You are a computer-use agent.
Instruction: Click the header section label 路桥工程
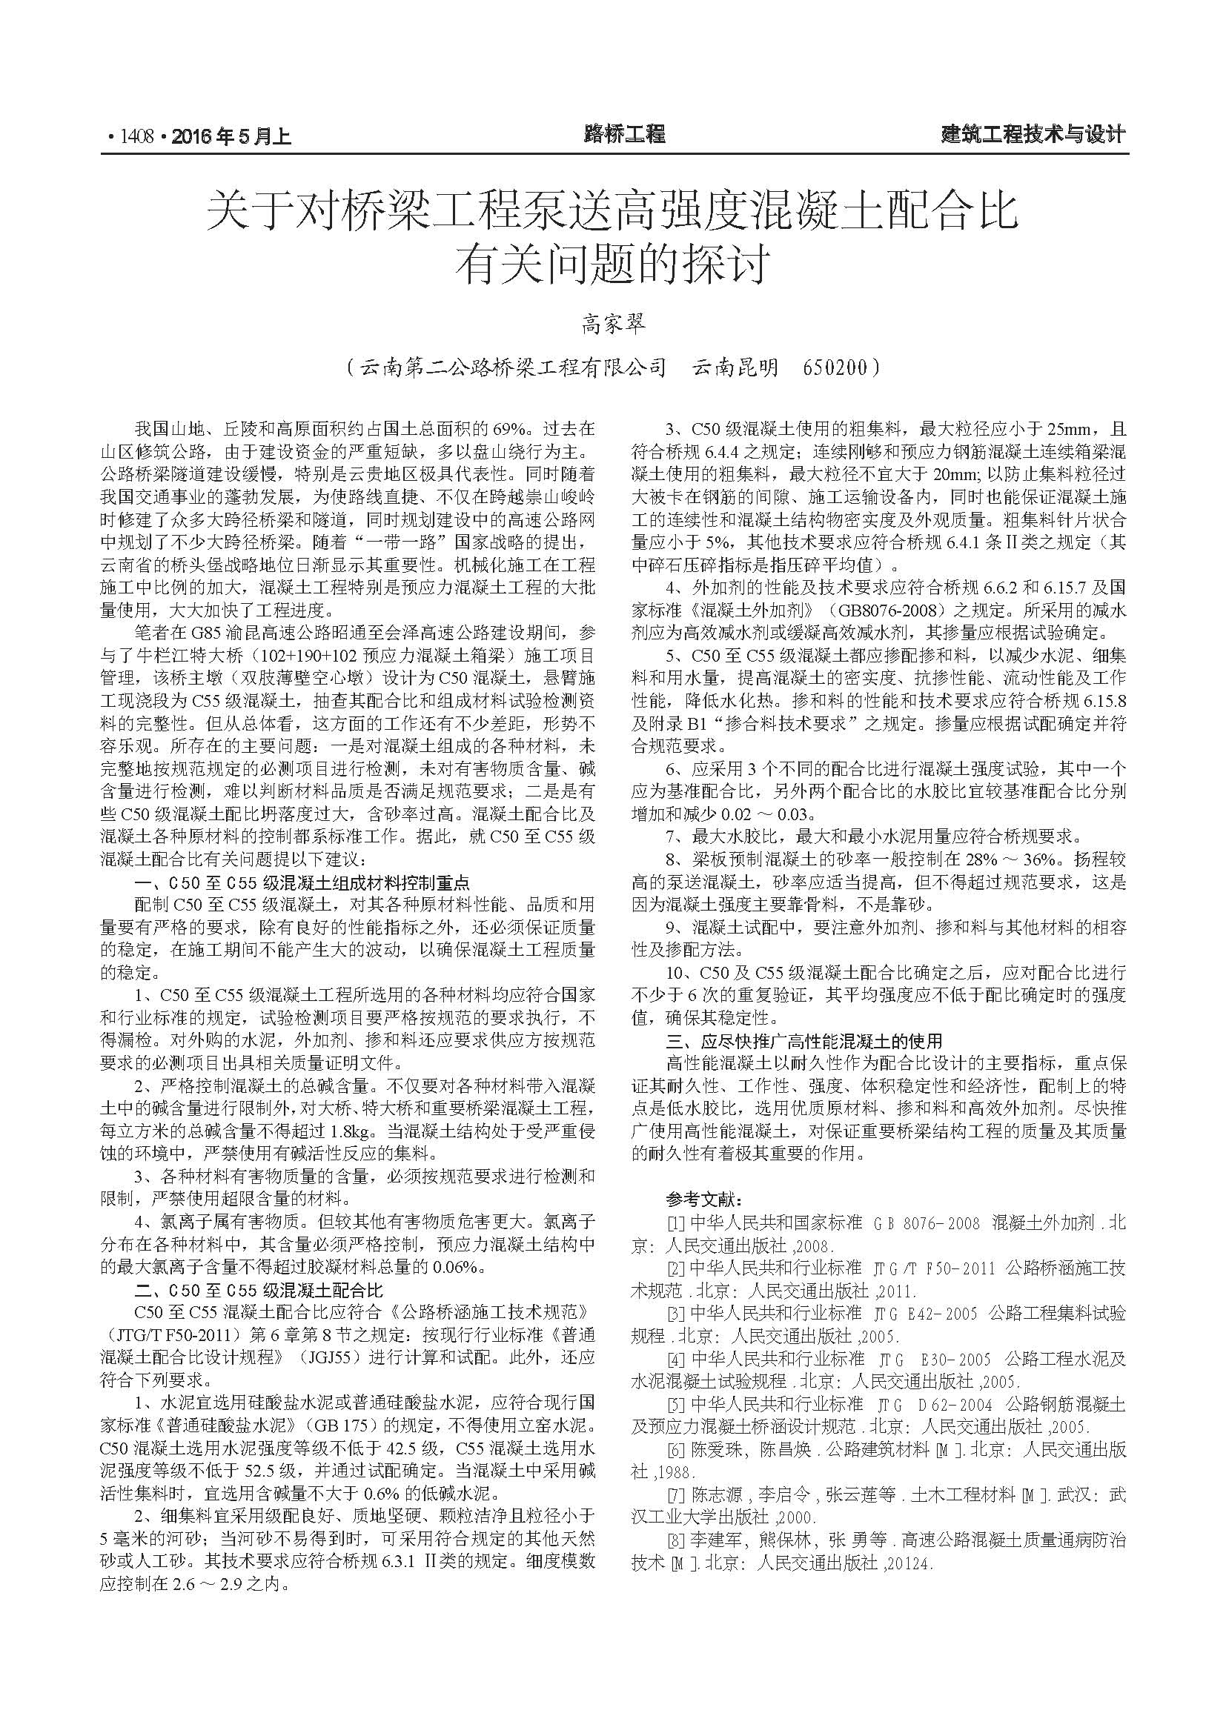click(624, 135)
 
